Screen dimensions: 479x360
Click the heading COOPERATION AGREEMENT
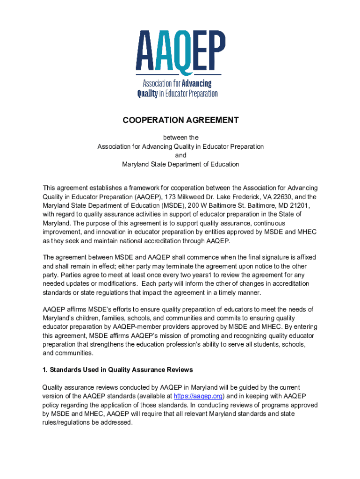[180, 120]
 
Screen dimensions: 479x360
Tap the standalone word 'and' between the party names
[180, 155]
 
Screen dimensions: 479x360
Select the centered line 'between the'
[180, 138]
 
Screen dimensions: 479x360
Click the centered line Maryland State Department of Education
[180, 164]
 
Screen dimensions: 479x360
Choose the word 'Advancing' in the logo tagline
[196, 84]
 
